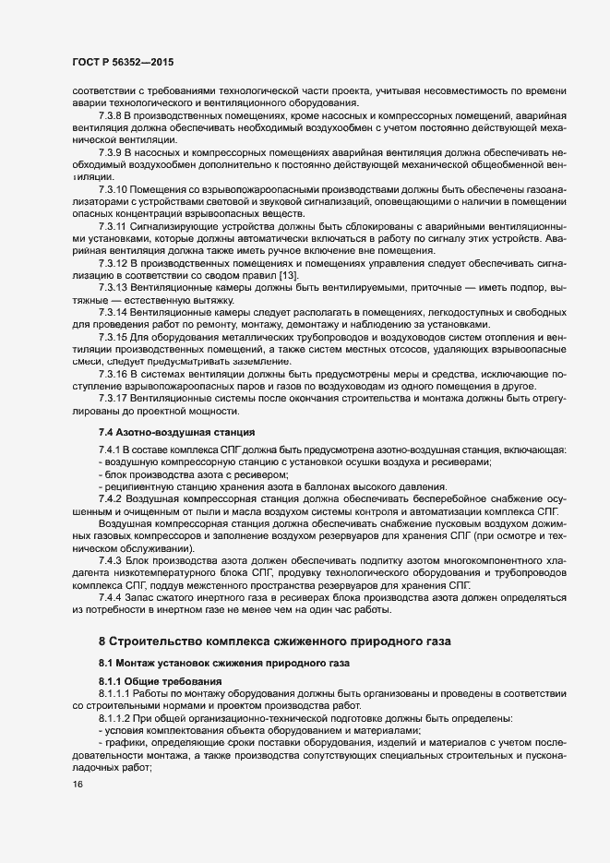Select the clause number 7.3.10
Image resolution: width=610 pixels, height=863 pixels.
click(x=114, y=188)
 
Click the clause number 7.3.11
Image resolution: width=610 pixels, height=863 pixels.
click(x=114, y=225)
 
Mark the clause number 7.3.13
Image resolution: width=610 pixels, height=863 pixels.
click(x=114, y=288)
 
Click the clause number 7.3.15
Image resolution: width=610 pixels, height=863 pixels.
click(x=114, y=338)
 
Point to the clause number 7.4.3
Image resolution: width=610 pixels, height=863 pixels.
click(x=110, y=561)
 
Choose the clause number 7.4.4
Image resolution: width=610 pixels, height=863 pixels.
click(x=110, y=598)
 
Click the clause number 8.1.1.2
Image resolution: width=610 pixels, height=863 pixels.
click(x=115, y=717)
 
